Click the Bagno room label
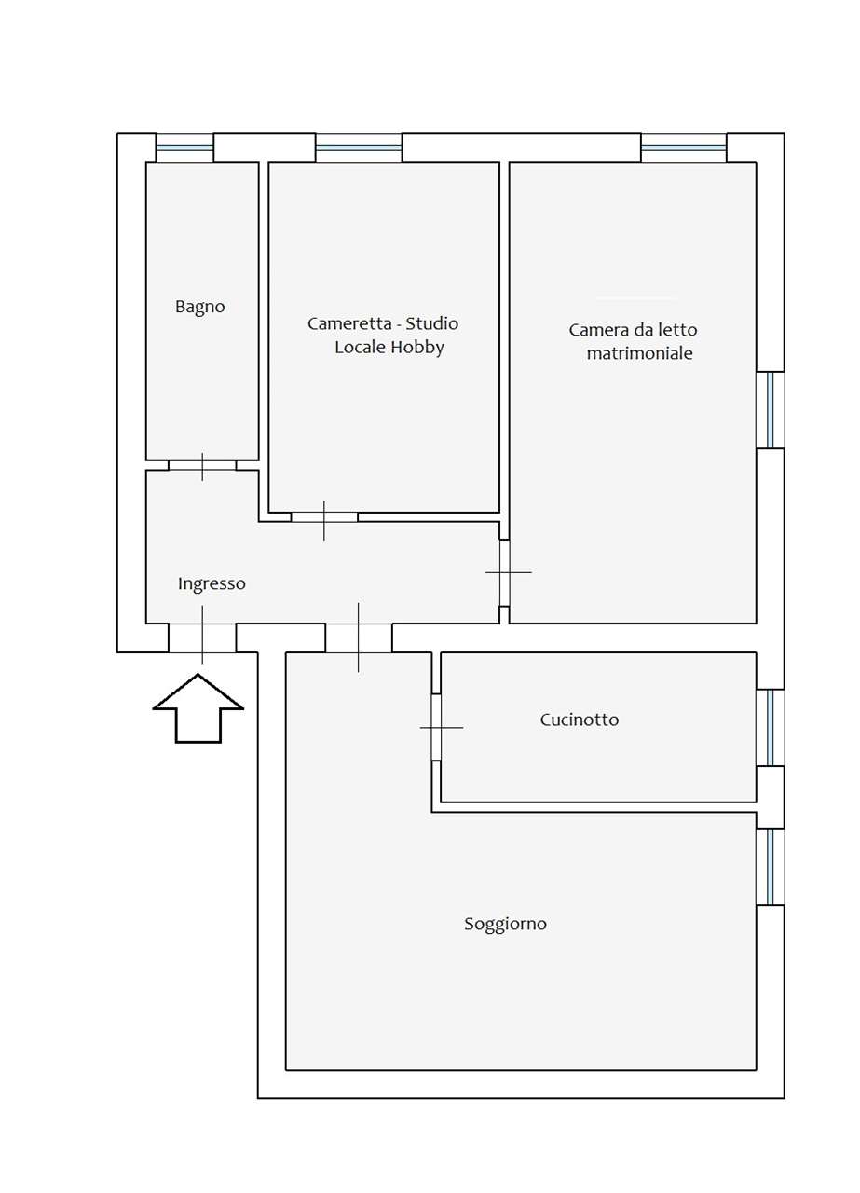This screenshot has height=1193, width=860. pos(200,307)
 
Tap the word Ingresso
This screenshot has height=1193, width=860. pos(212,584)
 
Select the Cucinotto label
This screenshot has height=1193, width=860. pos(579,720)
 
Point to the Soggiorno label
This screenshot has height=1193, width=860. pos(505,925)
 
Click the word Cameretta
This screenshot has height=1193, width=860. pos(345,324)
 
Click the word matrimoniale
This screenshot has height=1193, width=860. pos(639,354)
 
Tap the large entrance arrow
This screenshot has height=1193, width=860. pos(198,708)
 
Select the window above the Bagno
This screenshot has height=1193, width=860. pos(184,147)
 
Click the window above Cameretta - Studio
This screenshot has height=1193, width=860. pos(359,147)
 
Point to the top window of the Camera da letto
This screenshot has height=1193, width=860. pos(683,147)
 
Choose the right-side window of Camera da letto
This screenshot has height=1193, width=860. pos(771,410)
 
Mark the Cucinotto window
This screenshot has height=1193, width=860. pos(771,728)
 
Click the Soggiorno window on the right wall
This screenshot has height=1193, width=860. pos(771,867)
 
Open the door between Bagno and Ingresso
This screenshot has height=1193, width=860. pos(202,465)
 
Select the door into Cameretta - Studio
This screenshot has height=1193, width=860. pos(324,517)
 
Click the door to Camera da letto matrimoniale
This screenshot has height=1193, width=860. pos(505,572)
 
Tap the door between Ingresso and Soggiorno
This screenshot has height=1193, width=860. pos(359,638)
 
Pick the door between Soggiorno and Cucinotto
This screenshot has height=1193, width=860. pos(436,727)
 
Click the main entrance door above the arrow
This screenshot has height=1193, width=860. pos(202,638)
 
